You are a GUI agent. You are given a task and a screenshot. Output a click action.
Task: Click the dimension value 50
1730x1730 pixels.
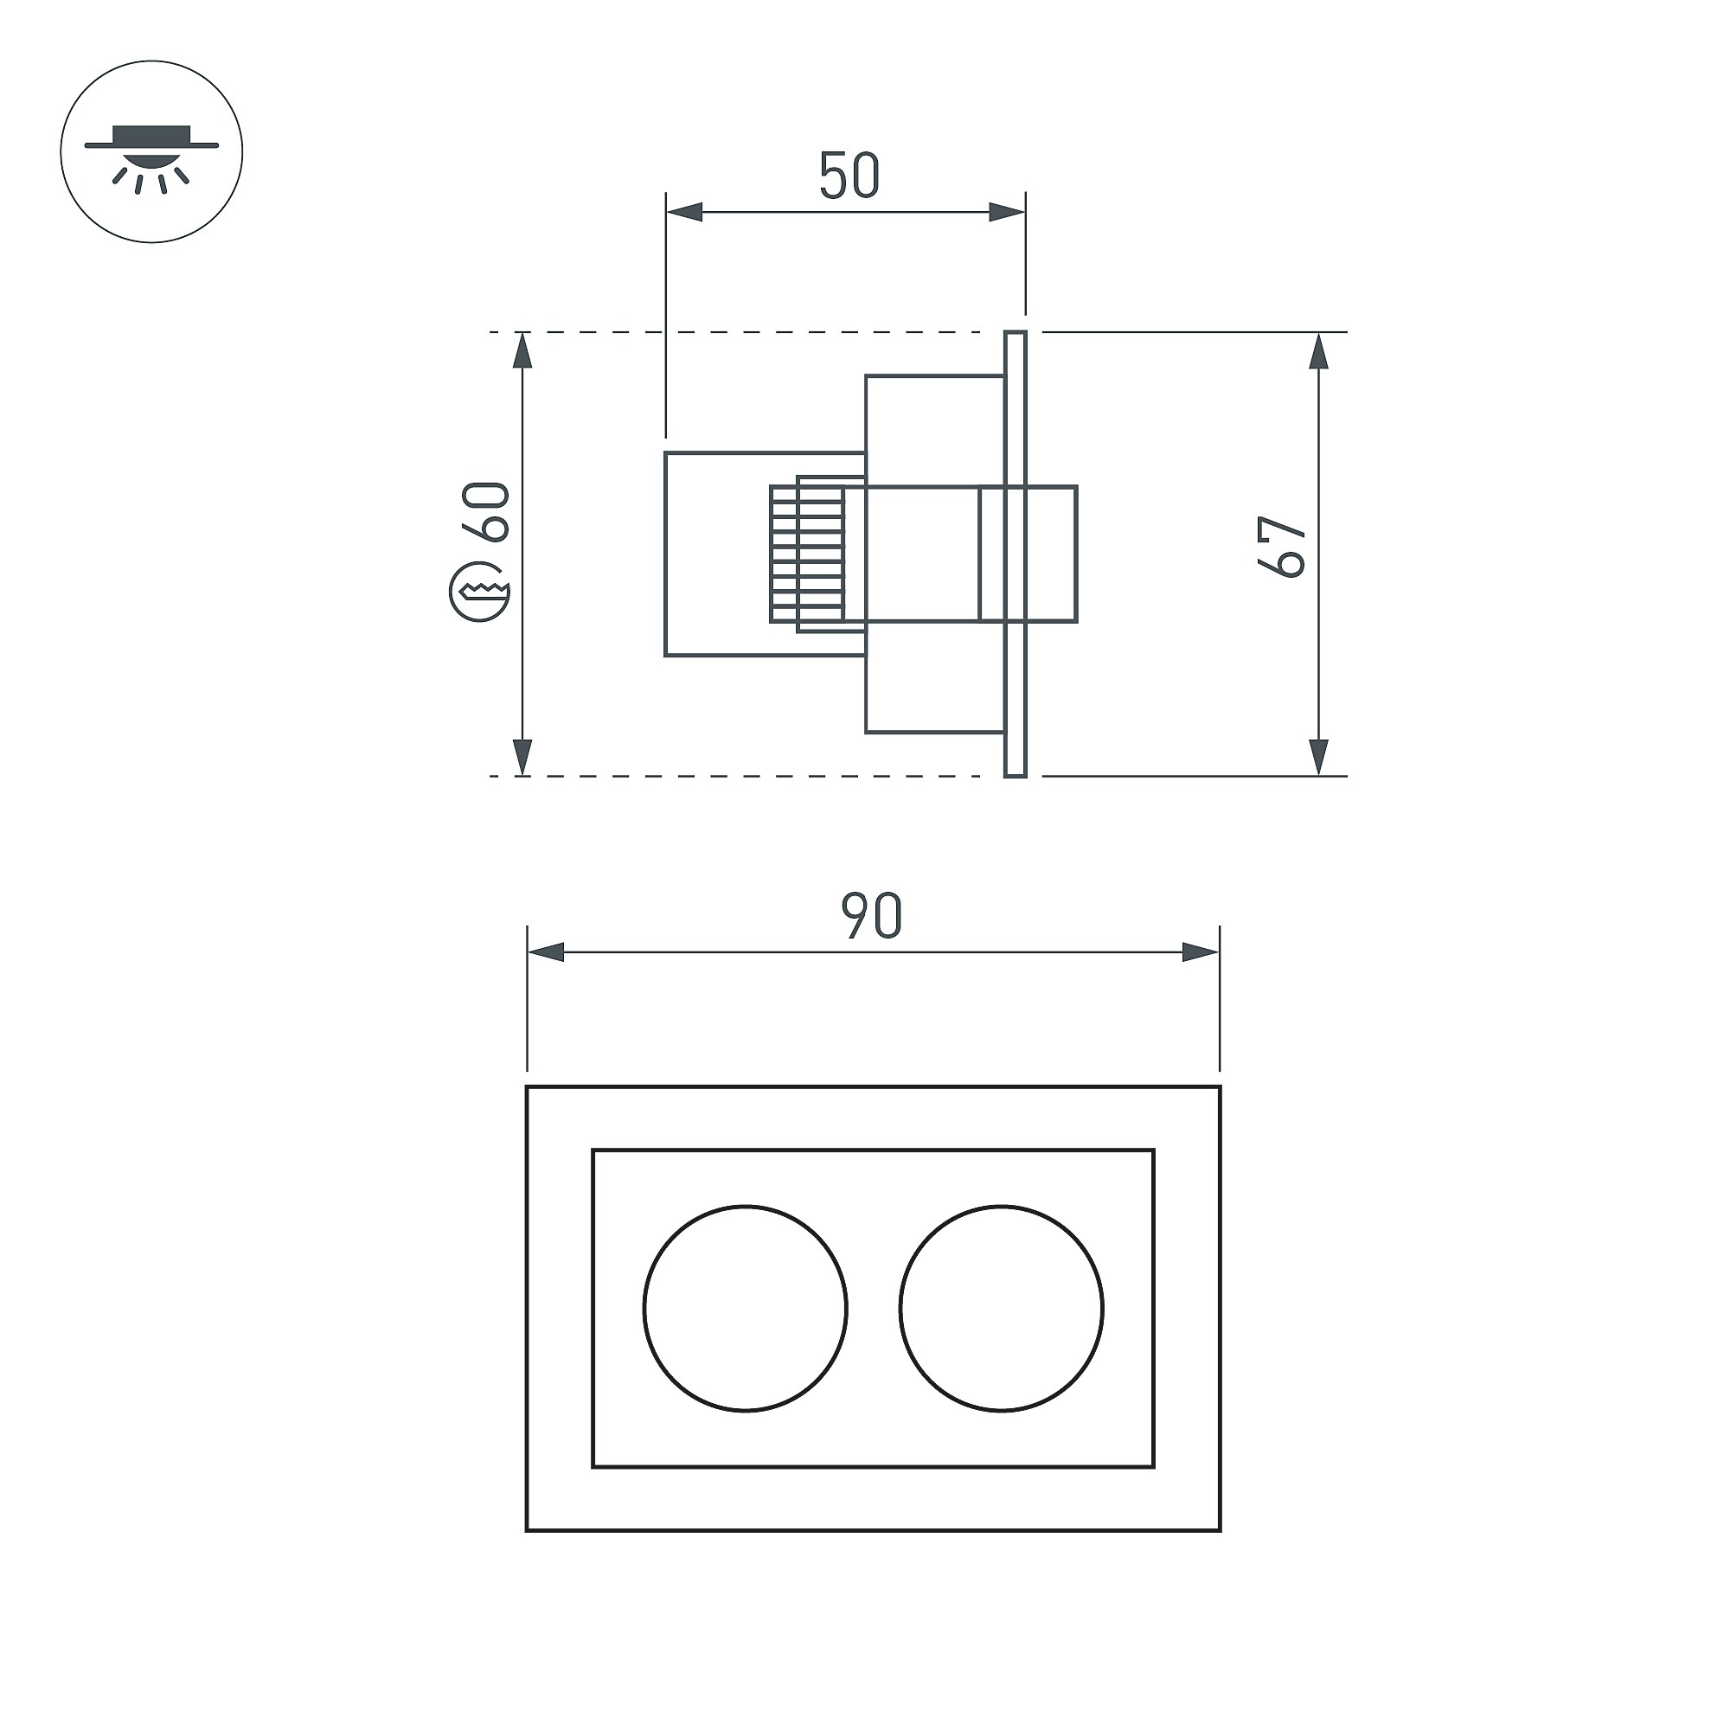pos(849,176)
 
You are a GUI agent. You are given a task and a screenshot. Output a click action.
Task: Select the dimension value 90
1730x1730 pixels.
pos(871,916)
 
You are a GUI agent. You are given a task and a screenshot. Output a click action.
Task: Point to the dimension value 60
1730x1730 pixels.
pos(485,511)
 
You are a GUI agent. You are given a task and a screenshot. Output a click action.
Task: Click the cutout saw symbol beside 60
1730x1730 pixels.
pos(479,593)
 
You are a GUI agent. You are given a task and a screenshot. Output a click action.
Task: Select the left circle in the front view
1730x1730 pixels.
pos(745,1308)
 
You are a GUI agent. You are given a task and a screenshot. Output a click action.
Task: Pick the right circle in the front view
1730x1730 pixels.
pos(1002,1308)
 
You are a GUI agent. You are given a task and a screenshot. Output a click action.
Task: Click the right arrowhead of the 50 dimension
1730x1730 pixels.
pos(1007,213)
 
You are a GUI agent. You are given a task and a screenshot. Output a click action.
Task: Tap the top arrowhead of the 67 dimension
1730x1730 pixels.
pos(1318,351)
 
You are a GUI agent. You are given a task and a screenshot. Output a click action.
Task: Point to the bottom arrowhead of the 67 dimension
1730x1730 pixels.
pos(1318,758)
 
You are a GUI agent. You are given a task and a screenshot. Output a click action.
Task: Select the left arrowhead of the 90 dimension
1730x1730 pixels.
pos(546,952)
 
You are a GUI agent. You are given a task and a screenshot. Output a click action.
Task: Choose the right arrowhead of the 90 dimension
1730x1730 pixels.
pos(1201,952)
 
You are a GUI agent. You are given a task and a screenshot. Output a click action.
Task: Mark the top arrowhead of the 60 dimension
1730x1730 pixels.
pos(523,351)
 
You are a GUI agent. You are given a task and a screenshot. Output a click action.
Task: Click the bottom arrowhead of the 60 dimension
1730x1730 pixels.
pos(523,758)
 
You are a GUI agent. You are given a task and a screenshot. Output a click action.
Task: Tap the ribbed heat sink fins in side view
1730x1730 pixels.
pos(808,554)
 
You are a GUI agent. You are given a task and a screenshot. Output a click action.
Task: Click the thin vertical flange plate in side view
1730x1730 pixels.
pos(1016,554)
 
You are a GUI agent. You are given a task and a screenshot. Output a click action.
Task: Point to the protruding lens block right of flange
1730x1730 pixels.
pos(1052,554)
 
